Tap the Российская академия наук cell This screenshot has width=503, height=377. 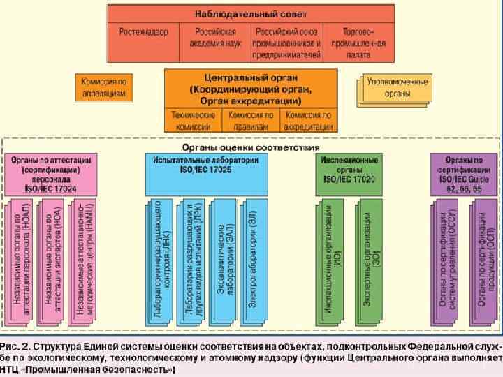click(x=214, y=38)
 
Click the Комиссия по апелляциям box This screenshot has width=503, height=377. click(x=104, y=86)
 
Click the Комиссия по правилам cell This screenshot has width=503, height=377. click(x=249, y=119)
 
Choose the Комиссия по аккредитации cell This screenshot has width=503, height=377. click(x=308, y=119)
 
